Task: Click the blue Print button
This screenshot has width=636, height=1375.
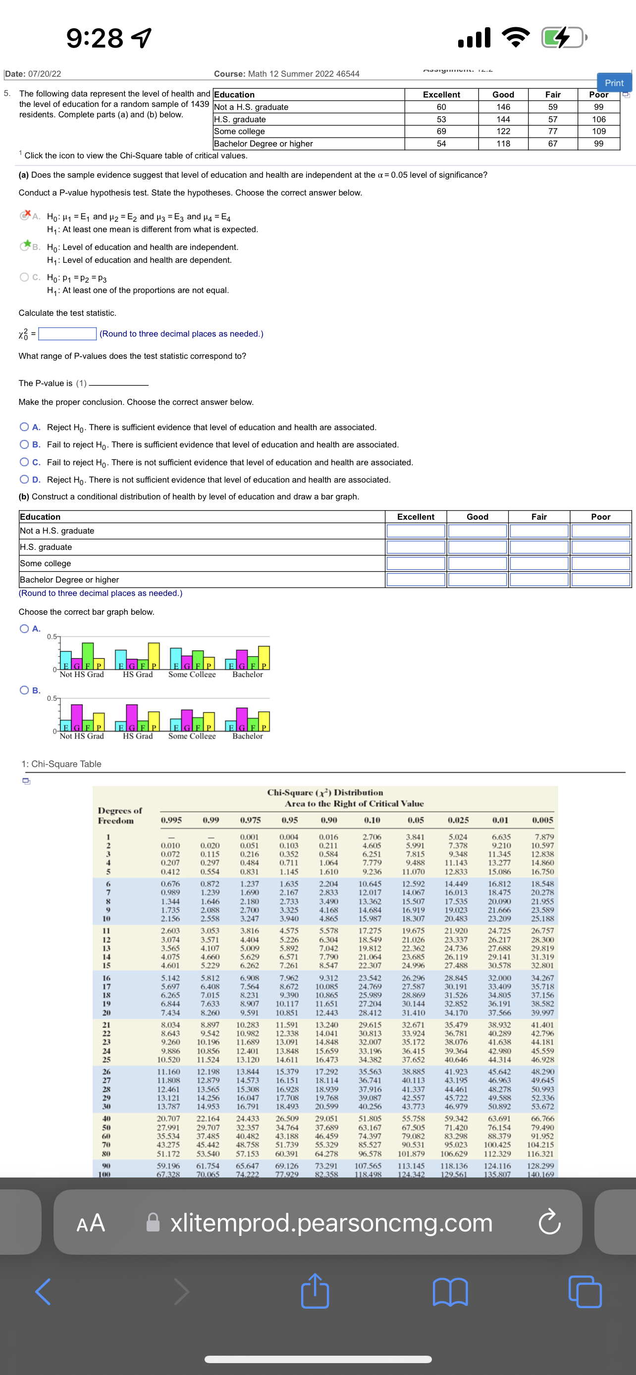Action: coord(614,83)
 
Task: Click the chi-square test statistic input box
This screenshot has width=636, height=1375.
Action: coord(67,334)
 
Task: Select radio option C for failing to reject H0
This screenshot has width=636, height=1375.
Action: coord(24,462)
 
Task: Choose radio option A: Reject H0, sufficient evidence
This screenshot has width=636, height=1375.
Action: coord(24,427)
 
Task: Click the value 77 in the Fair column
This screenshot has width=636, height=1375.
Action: coord(552,131)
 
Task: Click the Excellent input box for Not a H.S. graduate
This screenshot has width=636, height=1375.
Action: coord(416,531)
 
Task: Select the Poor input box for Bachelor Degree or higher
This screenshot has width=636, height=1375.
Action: coord(600,580)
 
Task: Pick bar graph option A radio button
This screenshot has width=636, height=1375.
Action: coord(24,628)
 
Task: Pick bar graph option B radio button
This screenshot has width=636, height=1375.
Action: coord(24,690)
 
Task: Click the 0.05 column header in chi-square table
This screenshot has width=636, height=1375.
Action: coord(416,820)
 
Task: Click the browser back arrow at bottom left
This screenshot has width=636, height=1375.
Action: coord(43,1291)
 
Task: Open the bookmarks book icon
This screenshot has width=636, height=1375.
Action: coord(450,1291)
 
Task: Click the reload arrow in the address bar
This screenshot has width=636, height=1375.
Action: coord(549,1223)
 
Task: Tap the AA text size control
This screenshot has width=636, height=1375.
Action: coord(91,1223)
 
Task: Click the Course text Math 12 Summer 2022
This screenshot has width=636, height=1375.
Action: coord(287,74)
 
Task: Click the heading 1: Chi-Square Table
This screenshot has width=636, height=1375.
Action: coord(61,764)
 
